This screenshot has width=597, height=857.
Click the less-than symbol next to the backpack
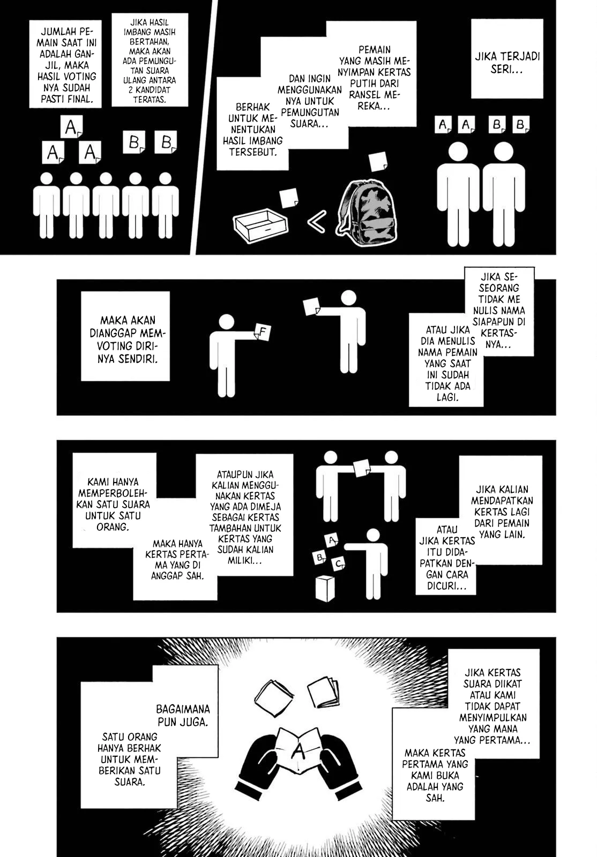pos(317,221)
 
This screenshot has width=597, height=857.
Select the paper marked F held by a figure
pos(263,332)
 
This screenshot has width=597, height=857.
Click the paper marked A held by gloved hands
pos(298,750)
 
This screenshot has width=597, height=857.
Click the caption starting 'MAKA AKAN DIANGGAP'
pos(125,336)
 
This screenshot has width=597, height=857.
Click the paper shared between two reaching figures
pos(362,468)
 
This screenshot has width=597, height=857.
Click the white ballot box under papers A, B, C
pos(325,588)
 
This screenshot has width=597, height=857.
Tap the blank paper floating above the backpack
pos(378,161)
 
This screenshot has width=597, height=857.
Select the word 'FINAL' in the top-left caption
pos(84,99)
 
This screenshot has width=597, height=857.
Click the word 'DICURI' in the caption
pos(443,586)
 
